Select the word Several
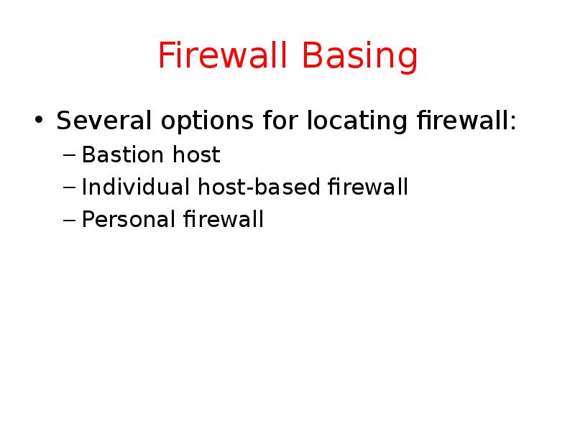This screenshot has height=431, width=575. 103,121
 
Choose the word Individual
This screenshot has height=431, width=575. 134,187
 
